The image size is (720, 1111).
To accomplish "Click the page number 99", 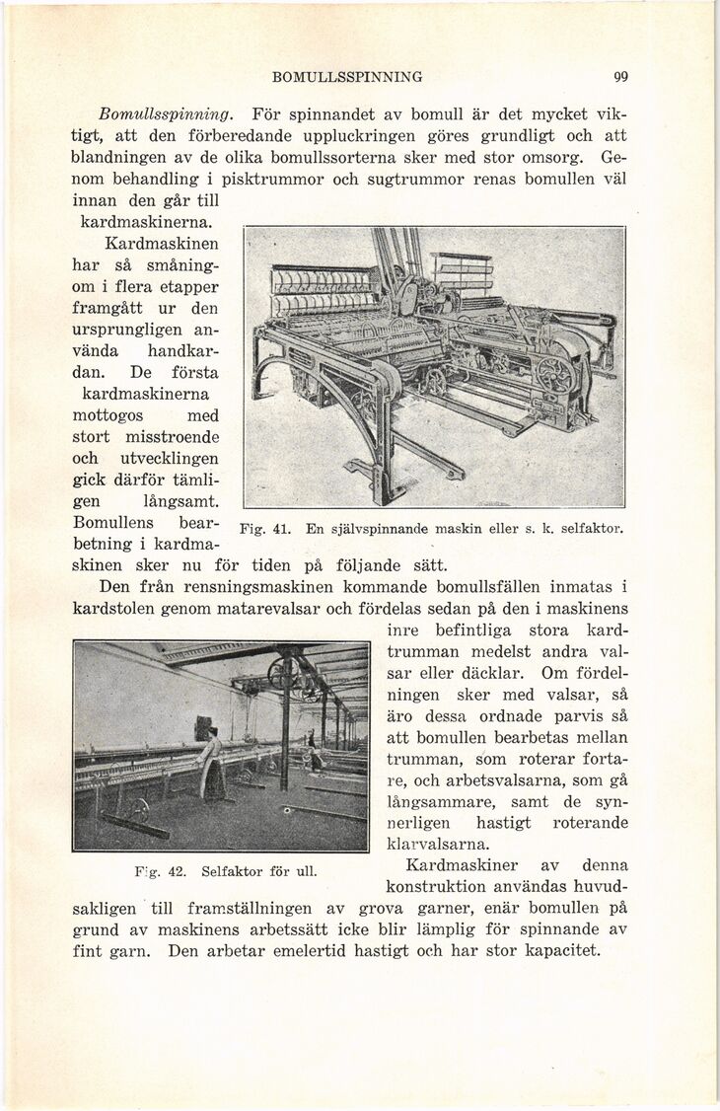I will click(620, 77).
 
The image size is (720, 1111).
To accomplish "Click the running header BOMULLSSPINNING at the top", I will click(348, 77).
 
